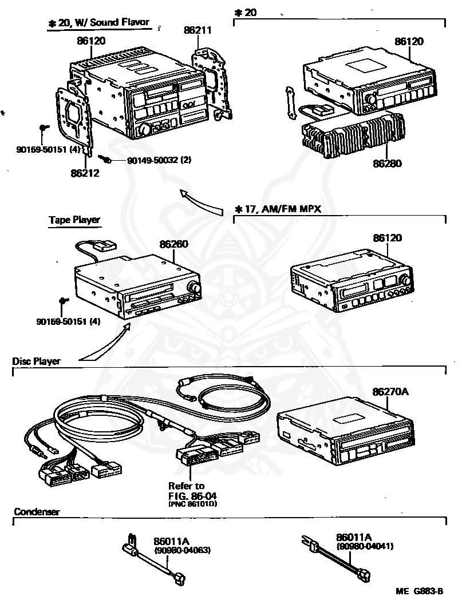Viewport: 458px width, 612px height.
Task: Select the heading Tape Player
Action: coord(74,220)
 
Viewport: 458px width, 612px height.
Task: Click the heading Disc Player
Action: coord(36,361)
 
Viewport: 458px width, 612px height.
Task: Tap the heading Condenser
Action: coord(37,512)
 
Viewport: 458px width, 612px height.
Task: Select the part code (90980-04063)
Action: coord(183,550)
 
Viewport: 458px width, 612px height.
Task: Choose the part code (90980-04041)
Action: coord(365,546)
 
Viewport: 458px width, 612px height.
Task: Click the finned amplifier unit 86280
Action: coord(350,136)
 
